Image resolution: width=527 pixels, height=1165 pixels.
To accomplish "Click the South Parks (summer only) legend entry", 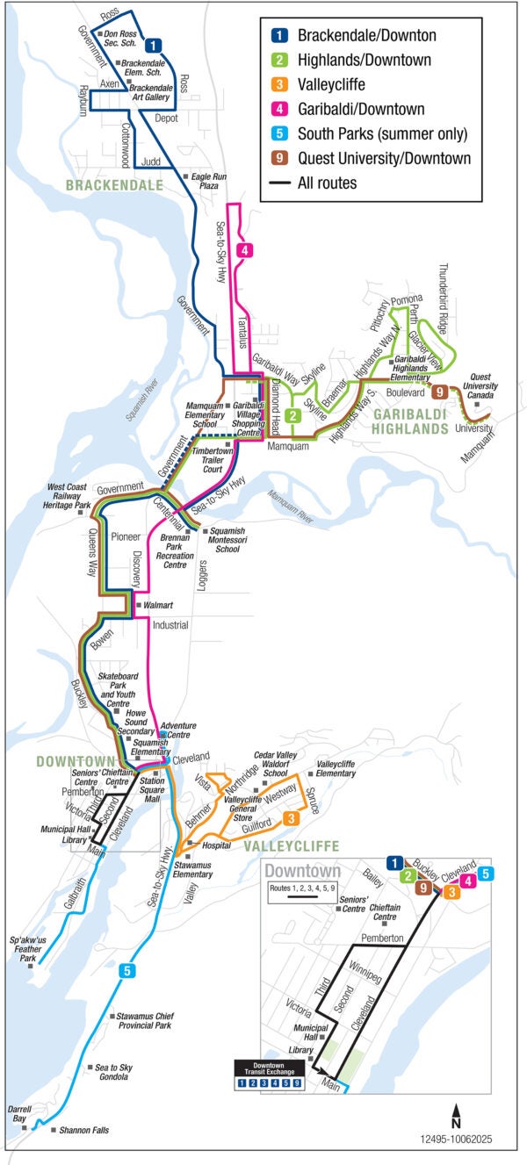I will [x=381, y=134].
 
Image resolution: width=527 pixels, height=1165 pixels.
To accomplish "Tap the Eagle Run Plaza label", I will [x=209, y=181].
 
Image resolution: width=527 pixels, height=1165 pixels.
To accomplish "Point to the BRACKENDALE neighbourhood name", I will [x=113, y=185].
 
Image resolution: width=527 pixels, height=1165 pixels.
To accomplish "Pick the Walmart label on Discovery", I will [x=158, y=606].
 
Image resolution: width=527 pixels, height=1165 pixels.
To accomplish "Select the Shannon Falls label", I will [x=84, y=1130].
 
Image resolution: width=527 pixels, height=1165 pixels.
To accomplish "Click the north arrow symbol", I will [x=456, y=1117].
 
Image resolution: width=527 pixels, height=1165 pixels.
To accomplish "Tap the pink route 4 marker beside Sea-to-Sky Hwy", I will [x=244, y=250].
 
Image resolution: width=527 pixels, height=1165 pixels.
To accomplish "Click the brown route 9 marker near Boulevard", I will [x=439, y=392].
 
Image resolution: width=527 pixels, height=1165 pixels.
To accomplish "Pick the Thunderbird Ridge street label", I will [x=443, y=298].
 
